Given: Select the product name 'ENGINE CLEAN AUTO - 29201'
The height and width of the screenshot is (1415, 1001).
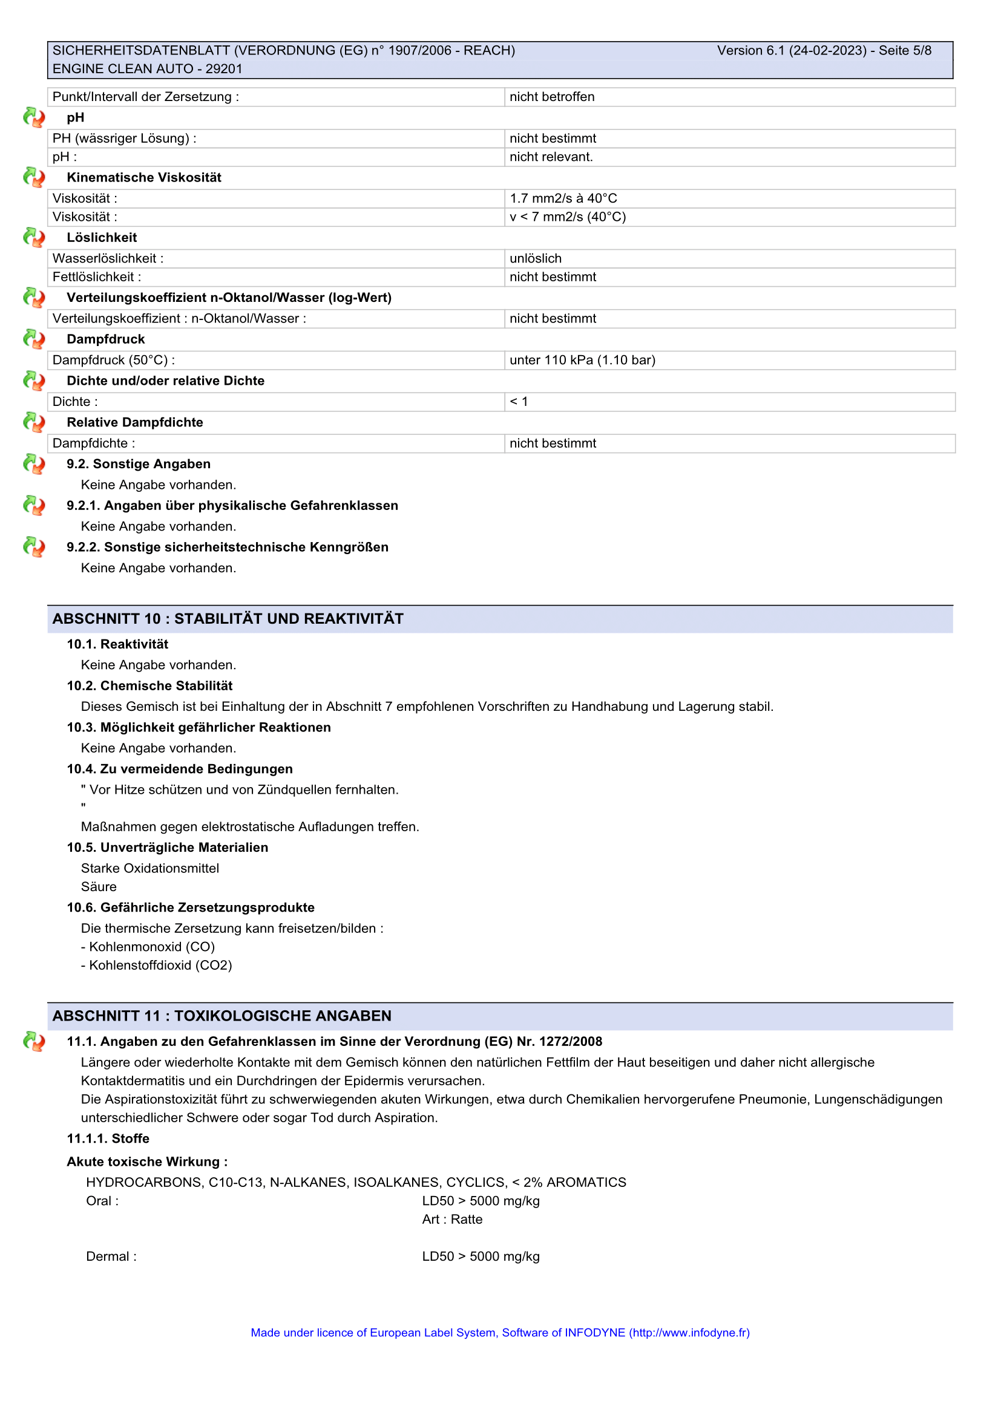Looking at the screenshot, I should pyautogui.click(x=147, y=69).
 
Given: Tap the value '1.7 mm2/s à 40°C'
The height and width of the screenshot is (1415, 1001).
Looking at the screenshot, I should pyautogui.click(x=563, y=198).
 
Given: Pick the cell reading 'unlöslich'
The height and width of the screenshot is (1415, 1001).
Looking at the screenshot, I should pyautogui.click(x=535, y=259).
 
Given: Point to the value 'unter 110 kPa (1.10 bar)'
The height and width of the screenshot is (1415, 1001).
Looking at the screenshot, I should pyautogui.click(x=582, y=361).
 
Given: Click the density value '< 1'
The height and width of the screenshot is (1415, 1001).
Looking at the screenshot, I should pyautogui.click(x=519, y=402).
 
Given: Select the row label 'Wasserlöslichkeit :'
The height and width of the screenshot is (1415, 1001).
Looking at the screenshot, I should pyautogui.click(x=108, y=259).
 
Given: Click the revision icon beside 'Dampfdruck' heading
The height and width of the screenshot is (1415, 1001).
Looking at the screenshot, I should pyautogui.click(x=34, y=339).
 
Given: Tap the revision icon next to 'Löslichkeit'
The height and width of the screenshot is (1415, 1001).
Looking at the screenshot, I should pyautogui.click(x=34, y=237).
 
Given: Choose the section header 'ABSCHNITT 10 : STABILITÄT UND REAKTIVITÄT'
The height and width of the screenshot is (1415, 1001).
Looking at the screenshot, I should pyautogui.click(x=228, y=619).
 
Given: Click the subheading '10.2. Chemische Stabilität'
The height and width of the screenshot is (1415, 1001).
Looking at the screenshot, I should pyautogui.click(x=149, y=686).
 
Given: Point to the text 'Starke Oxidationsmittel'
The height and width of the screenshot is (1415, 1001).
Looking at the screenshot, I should pyautogui.click(x=149, y=868).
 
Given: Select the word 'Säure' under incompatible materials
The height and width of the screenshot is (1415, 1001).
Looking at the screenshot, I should pyautogui.click(x=99, y=887).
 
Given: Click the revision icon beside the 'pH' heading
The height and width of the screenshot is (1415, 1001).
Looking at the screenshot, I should pyautogui.click(x=34, y=117).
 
